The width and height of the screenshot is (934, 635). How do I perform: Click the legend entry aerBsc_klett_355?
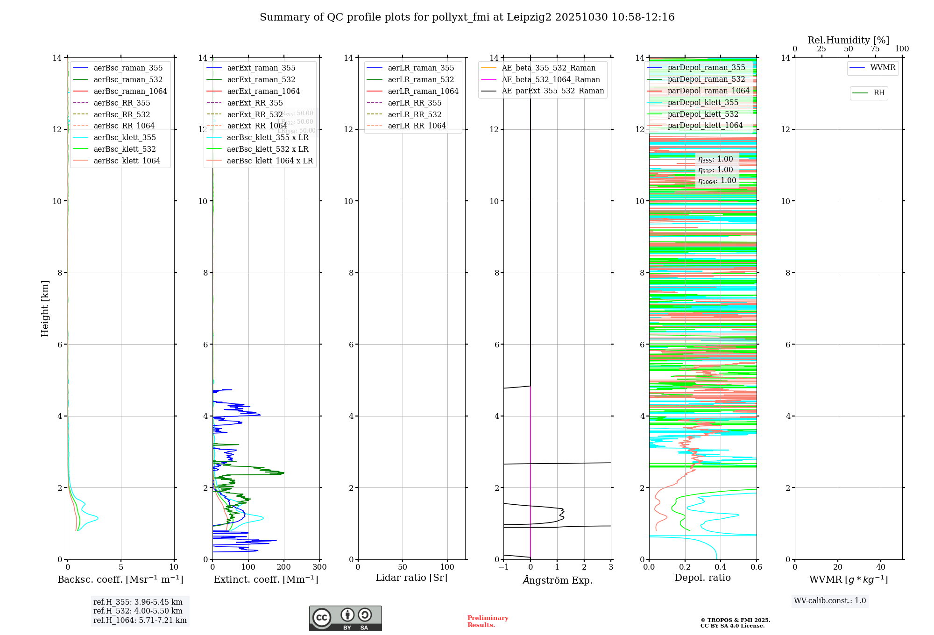point(124,137)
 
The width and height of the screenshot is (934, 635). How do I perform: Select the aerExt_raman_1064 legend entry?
point(263,91)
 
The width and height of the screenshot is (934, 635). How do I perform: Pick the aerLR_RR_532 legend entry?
point(414,114)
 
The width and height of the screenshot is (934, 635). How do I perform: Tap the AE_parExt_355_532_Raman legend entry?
point(552,91)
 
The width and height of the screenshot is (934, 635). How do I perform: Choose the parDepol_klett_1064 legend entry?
point(705,125)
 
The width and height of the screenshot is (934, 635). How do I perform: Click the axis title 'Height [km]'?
point(45,308)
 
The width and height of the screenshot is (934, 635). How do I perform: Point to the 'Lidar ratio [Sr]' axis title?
point(411,578)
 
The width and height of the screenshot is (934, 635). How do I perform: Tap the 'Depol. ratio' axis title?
point(702,578)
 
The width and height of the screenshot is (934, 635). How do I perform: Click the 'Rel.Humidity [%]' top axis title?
point(848,40)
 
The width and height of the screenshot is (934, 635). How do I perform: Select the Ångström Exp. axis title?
point(557,580)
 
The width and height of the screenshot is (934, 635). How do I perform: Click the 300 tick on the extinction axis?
point(320,567)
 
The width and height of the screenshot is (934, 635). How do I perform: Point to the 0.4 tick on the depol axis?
point(721,567)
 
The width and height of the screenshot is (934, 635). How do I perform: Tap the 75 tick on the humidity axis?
point(875,49)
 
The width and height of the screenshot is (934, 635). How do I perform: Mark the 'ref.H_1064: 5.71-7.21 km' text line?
point(140,620)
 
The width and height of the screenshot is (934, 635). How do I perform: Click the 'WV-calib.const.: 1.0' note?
point(830,600)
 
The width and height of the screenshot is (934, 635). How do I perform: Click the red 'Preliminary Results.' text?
point(488,621)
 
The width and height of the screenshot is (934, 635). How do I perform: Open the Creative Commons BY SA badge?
point(345,618)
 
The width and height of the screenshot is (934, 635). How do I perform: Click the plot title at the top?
point(467,17)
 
